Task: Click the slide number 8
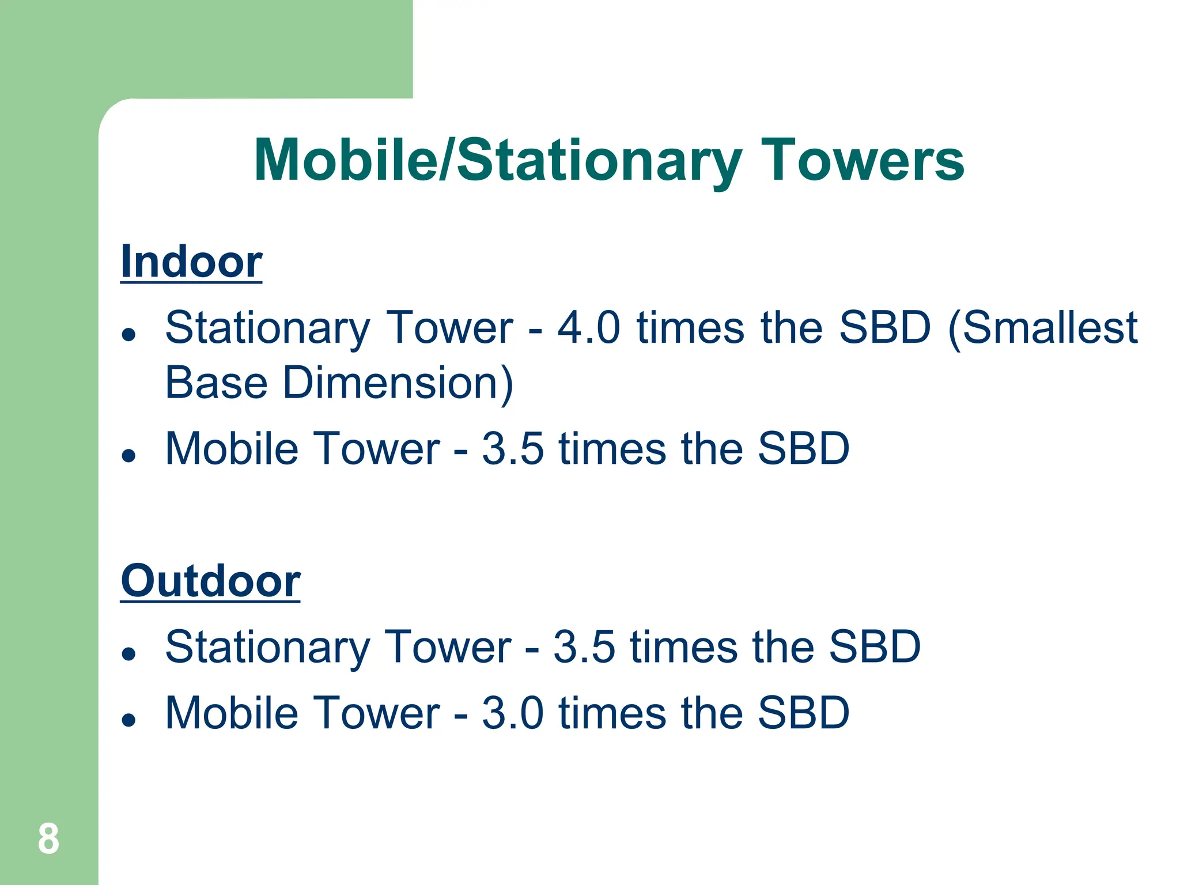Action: pos(48,839)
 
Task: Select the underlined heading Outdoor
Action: pos(210,581)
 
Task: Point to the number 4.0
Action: pos(588,328)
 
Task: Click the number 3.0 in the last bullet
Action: pos(513,713)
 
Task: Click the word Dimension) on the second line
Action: pos(398,383)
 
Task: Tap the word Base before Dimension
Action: pos(217,383)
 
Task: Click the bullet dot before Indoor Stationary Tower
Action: pos(129,334)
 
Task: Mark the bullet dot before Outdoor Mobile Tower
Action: pos(129,720)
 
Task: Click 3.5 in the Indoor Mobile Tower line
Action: pos(513,449)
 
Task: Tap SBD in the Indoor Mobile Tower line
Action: pos(803,449)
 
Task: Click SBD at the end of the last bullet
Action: pos(803,713)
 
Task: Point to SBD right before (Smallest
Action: pos(884,328)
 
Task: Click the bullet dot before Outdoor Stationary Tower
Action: pos(129,653)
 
